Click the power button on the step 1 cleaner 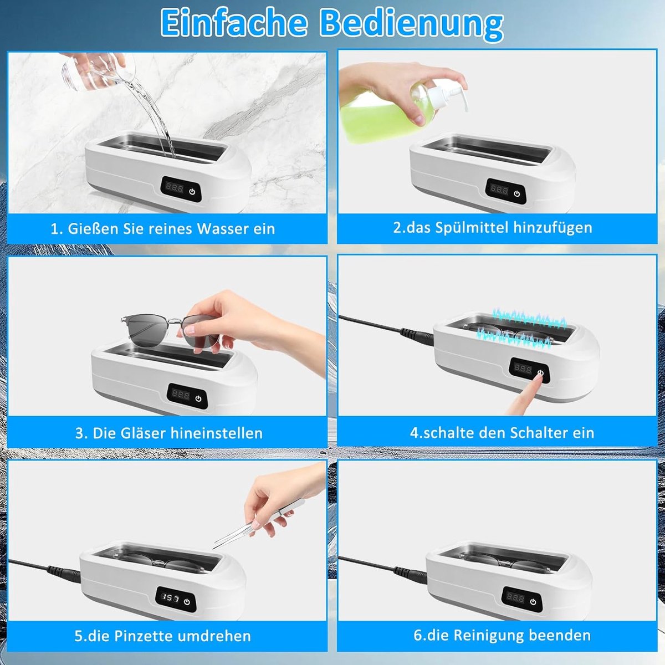tap(192, 191)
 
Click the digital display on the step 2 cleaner tap(499, 190)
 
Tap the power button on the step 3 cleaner tap(198, 398)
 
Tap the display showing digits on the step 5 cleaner tap(170, 598)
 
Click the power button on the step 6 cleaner tap(533, 602)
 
